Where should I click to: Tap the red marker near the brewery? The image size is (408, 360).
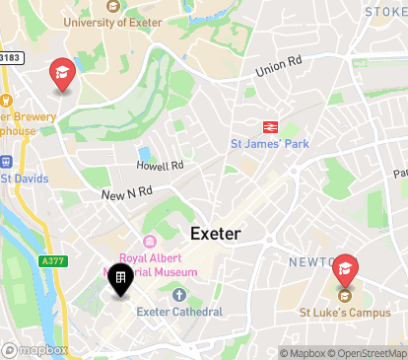tap(62, 74)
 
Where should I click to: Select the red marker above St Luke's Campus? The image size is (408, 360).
tap(344, 267)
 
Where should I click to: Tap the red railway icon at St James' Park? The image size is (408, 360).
tap(267, 126)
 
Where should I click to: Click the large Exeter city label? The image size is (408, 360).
tap(216, 234)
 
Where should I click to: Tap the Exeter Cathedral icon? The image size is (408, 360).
tap(178, 295)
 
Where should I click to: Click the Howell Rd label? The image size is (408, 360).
tap(160, 166)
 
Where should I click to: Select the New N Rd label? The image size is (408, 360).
tap(126, 194)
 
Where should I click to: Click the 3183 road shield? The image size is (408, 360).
tap(10, 59)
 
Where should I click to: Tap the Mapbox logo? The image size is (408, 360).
tap(34, 349)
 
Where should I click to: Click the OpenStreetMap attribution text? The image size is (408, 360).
tap(370, 353)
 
